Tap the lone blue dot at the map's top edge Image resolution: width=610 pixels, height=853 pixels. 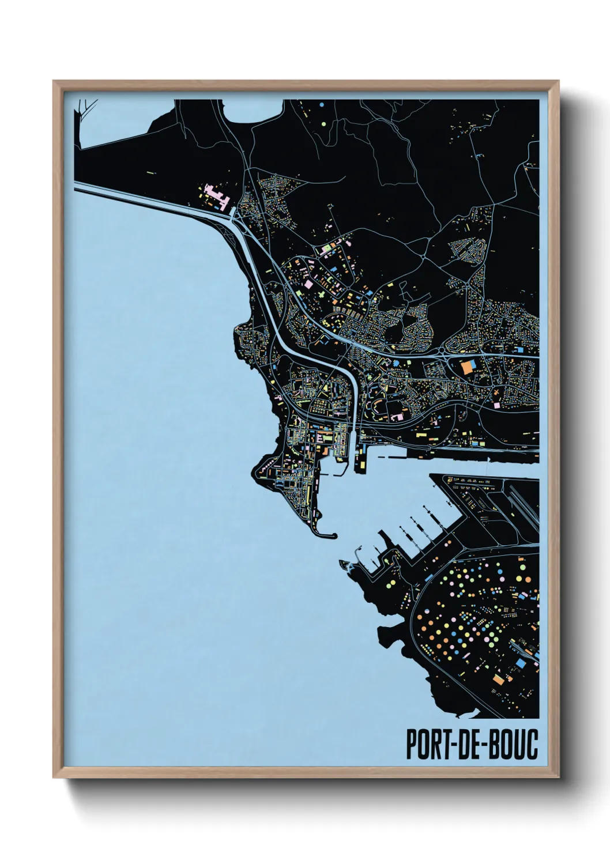click(321, 104)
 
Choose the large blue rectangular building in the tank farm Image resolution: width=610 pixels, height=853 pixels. click(520, 663)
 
